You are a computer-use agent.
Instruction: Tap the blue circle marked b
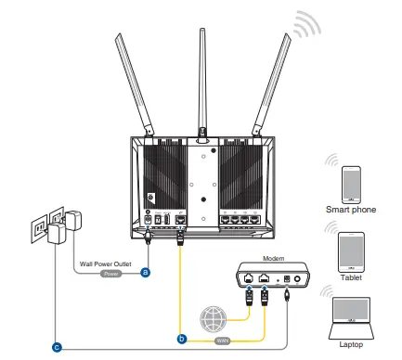pos(182,340)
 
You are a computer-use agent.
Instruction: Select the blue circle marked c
pos(58,347)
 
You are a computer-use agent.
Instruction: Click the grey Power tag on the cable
pos(111,274)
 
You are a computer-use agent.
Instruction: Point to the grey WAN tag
pos(225,340)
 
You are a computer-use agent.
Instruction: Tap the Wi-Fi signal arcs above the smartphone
pos(331,159)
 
